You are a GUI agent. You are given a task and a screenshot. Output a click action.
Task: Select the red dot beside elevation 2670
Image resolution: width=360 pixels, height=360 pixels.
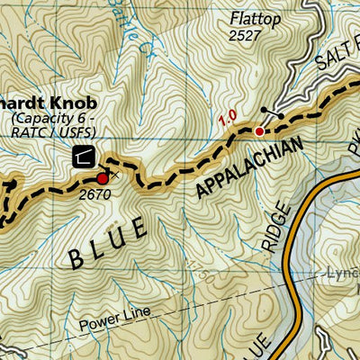(x=103, y=179)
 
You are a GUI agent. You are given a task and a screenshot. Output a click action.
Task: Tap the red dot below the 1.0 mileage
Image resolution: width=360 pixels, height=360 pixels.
(x=259, y=131)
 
